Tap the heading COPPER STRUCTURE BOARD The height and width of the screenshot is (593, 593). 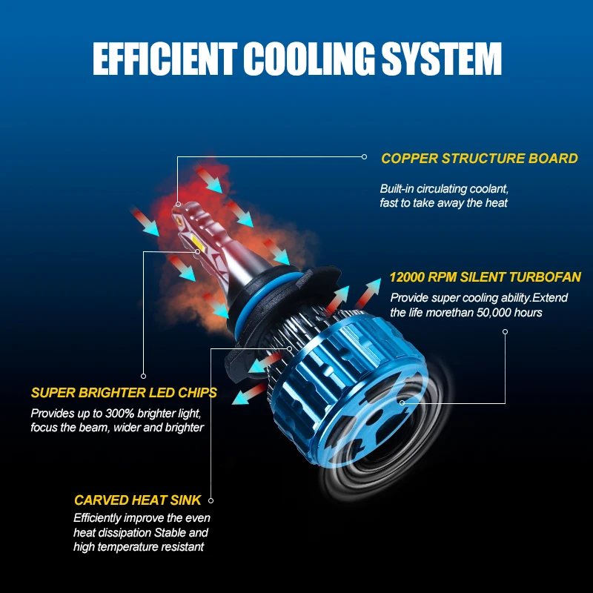tap(480, 159)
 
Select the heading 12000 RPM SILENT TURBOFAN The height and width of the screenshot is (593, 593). tap(485, 278)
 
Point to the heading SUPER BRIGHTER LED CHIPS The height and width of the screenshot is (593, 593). tap(124, 393)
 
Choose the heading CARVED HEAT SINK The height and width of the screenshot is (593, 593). tap(138, 500)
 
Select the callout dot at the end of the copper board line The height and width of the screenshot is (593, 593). tap(364, 156)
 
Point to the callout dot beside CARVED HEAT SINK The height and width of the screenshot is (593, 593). tap(211, 500)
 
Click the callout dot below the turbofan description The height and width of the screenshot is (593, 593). tap(505, 331)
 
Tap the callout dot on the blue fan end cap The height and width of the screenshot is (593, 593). tap(401, 403)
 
